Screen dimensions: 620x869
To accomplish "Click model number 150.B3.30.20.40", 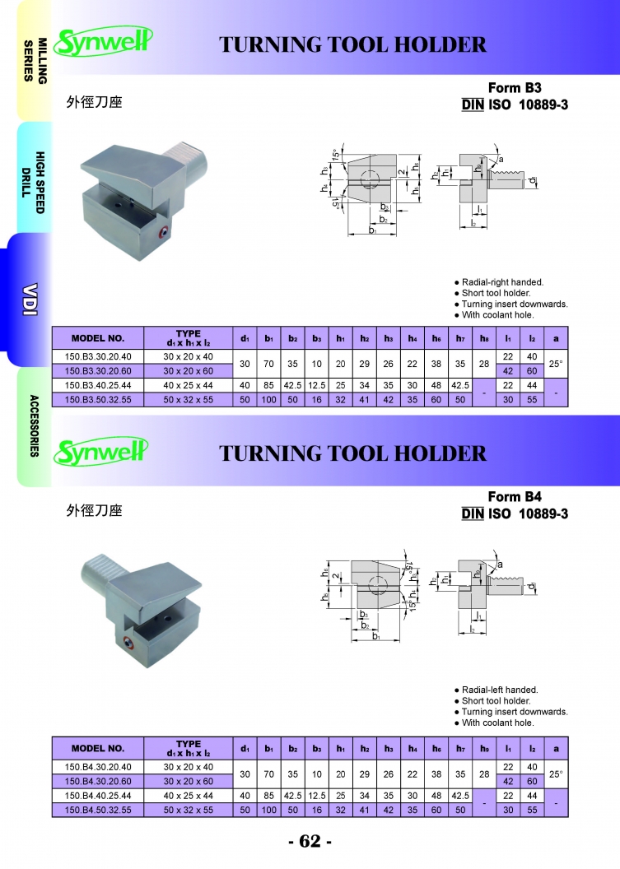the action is [98, 356].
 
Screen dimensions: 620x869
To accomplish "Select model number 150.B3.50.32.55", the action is [98, 400].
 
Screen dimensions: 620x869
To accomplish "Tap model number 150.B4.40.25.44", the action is [98, 795].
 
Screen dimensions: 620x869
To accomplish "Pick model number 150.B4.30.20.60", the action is [98, 781].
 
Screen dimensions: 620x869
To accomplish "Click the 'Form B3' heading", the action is [515, 87].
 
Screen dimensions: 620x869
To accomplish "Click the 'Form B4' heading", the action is [515, 496].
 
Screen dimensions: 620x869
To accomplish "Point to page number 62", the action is [310, 841].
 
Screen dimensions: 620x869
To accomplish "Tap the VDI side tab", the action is [30, 300].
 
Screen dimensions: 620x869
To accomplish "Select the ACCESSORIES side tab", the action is [35, 425].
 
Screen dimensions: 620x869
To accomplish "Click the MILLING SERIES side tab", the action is [35, 60].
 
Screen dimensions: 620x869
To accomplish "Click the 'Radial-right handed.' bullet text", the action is [502, 282].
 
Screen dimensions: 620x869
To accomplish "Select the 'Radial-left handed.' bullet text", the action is [500, 690].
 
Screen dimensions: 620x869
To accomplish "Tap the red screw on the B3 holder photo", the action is [164, 234].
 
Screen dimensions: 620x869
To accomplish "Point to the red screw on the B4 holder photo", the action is [128, 643].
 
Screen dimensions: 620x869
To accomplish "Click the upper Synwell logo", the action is [103, 42].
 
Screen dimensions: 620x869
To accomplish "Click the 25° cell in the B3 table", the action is [556, 364].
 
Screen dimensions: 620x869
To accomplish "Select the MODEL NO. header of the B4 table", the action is [98, 748].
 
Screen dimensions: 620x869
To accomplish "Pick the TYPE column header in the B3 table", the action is [188, 337].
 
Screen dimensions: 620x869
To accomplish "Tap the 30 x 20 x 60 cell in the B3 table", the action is [188, 371].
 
